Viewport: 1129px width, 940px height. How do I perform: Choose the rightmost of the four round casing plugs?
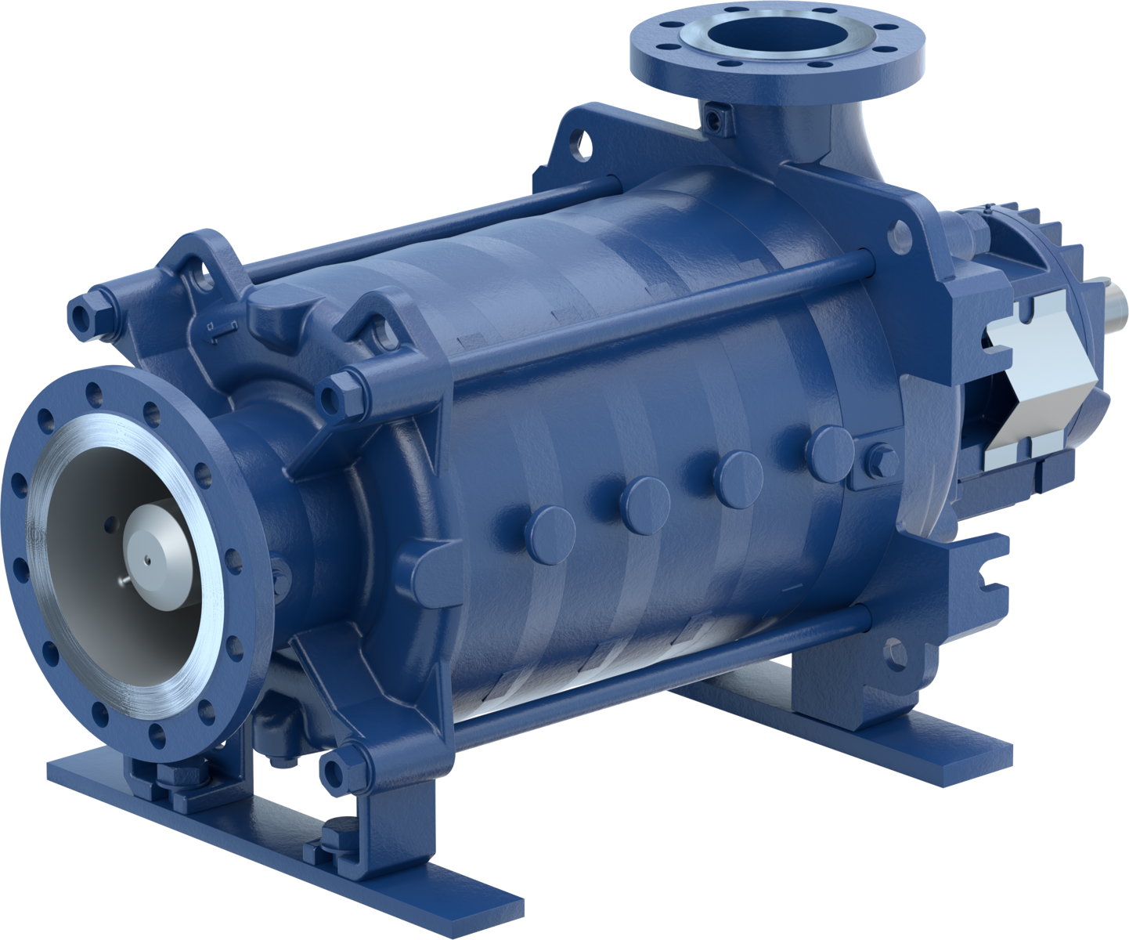pyautogui.click(x=831, y=451)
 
